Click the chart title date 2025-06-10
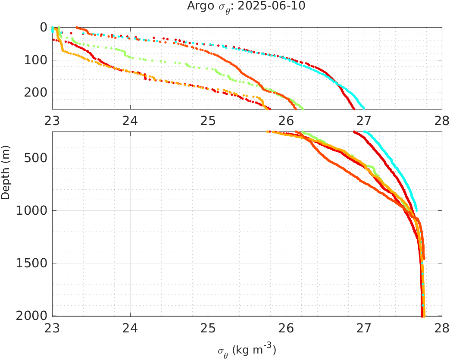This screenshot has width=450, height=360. (279, 6)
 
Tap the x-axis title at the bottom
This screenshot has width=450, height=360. (247, 350)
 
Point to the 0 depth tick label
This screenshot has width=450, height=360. (43, 27)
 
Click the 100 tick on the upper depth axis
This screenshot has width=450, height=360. (35, 60)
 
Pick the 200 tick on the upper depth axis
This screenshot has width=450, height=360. (35, 93)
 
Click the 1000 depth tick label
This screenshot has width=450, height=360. (32, 211)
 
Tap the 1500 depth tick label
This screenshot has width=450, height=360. (32, 263)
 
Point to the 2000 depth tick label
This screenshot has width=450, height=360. (32, 316)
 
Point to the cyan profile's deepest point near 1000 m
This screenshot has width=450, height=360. (416, 210)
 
